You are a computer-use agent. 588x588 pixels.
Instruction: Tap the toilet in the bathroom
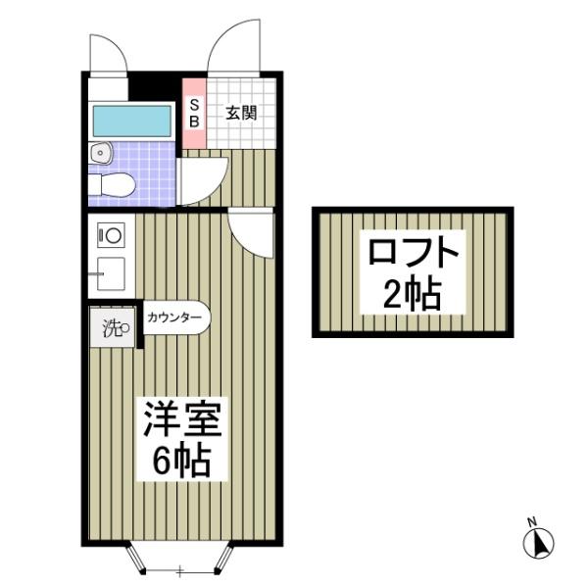pyautogui.click(x=110, y=183)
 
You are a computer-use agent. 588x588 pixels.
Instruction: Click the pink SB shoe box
pyautogui.click(x=194, y=114)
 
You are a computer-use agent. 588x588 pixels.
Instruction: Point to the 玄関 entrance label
pyautogui.click(x=241, y=113)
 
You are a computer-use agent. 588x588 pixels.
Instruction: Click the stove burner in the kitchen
pyautogui.click(x=111, y=235)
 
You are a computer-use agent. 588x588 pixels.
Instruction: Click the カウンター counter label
pyautogui.click(x=175, y=318)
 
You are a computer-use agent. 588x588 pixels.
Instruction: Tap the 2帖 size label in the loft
pyautogui.click(x=413, y=293)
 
